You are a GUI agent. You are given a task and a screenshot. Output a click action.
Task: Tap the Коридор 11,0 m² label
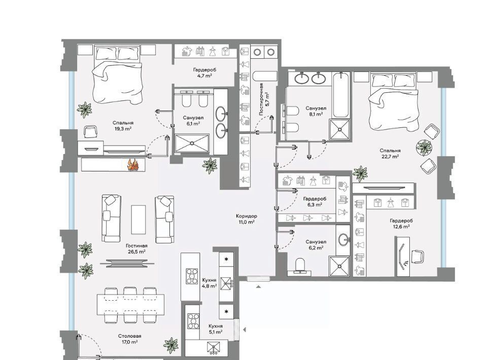click(247, 219)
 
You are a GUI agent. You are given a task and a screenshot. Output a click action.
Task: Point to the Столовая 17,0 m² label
click(129, 339)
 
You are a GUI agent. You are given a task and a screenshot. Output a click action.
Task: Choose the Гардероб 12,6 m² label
click(401, 224)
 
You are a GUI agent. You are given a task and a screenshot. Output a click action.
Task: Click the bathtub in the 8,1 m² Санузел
click(341, 95)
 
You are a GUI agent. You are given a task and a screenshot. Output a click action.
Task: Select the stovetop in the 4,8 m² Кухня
click(192, 276)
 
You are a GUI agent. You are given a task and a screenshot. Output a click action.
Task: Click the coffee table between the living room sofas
click(138, 220)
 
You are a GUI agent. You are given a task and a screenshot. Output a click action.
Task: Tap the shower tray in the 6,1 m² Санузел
click(192, 143)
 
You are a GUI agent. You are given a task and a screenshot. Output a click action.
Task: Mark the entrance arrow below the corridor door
click(258, 286)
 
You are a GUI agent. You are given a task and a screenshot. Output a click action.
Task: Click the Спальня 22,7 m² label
click(390, 153)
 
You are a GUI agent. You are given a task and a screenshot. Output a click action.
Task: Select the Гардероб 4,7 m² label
click(204, 73)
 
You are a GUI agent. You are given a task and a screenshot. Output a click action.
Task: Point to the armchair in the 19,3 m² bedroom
click(90, 132)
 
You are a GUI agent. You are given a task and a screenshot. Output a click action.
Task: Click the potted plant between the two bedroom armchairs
click(424, 148)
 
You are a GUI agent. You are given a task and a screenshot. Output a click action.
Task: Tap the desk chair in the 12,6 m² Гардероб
click(418, 257)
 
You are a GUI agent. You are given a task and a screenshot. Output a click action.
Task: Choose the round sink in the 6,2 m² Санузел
click(343, 240)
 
